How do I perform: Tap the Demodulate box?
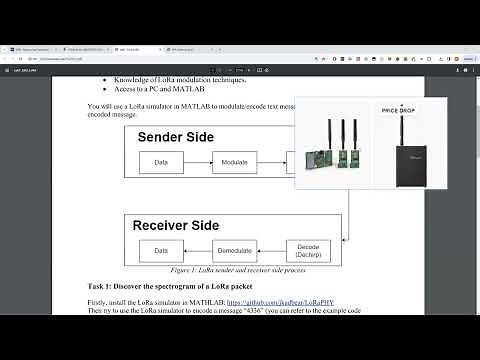point(234,250)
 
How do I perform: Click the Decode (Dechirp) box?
point(308,250)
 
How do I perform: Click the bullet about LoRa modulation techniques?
point(181,78)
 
